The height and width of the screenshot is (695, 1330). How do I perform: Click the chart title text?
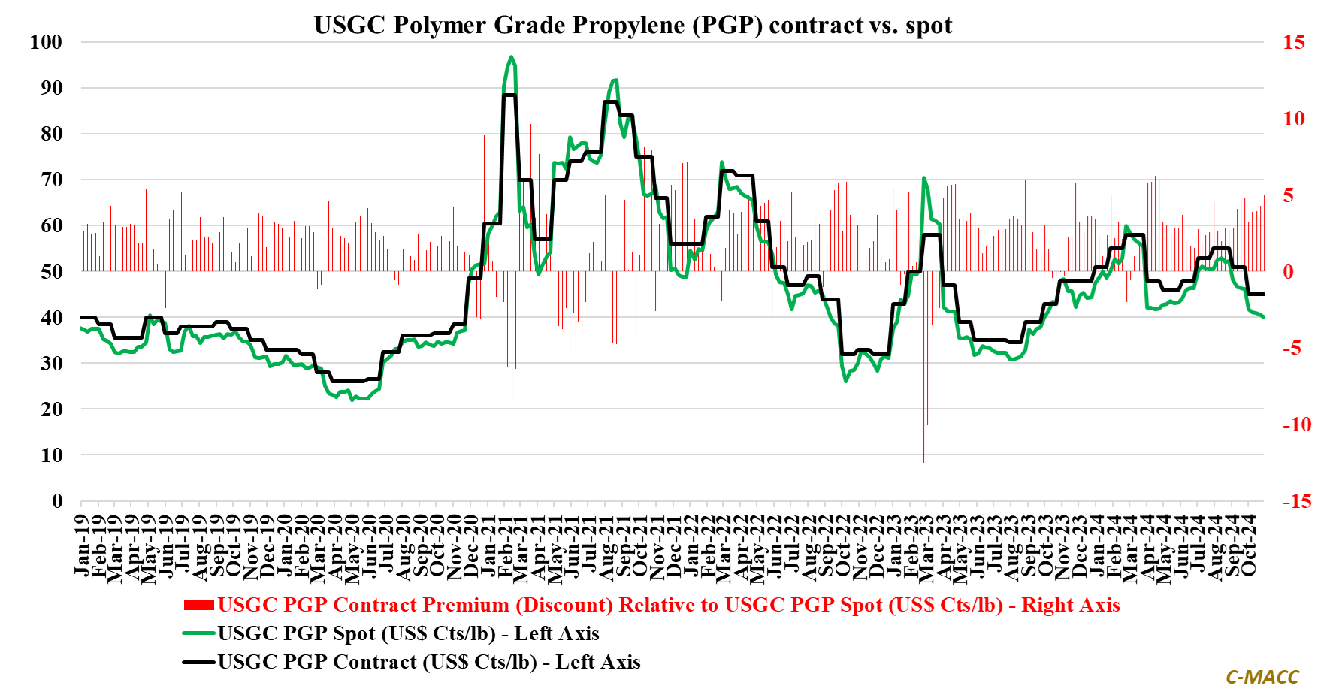[633, 25]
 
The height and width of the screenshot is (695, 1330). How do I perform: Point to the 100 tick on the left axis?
[46, 42]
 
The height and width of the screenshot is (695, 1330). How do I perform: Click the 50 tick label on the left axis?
[51, 271]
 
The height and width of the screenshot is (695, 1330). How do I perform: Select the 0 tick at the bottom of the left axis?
[57, 501]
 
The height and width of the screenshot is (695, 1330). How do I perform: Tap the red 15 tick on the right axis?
[1293, 42]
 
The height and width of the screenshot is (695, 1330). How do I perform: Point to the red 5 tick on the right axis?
[1288, 195]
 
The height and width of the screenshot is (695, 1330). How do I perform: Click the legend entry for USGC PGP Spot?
[408, 633]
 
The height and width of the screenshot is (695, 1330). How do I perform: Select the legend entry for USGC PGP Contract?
[429, 662]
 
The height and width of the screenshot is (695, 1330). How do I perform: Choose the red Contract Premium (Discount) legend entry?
[669, 605]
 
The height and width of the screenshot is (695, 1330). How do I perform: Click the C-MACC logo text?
[1262, 677]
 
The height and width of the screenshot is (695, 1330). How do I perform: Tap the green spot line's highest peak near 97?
[511, 56]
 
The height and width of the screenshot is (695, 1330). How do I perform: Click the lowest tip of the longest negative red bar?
[923, 461]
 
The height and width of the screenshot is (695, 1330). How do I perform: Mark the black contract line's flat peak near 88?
[509, 95]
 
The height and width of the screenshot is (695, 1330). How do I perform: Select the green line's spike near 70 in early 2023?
[923, 178]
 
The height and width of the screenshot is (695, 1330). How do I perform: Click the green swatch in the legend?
[199, 633]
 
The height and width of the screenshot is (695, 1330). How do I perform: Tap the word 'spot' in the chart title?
[929, 25]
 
